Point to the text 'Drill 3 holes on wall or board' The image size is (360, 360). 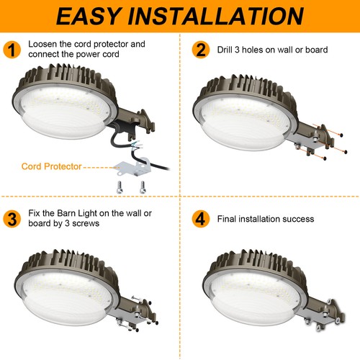272,50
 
